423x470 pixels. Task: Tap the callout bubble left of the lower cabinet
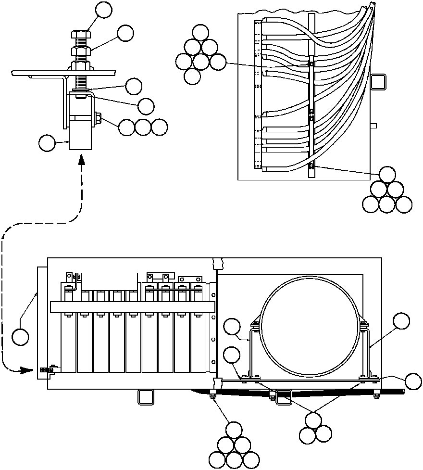tap(20, 336)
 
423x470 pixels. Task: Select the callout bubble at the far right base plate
tap(413, 381)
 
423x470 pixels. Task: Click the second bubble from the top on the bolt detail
tap(125, 33)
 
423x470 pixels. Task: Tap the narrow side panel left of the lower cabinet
tap(42, 323)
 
